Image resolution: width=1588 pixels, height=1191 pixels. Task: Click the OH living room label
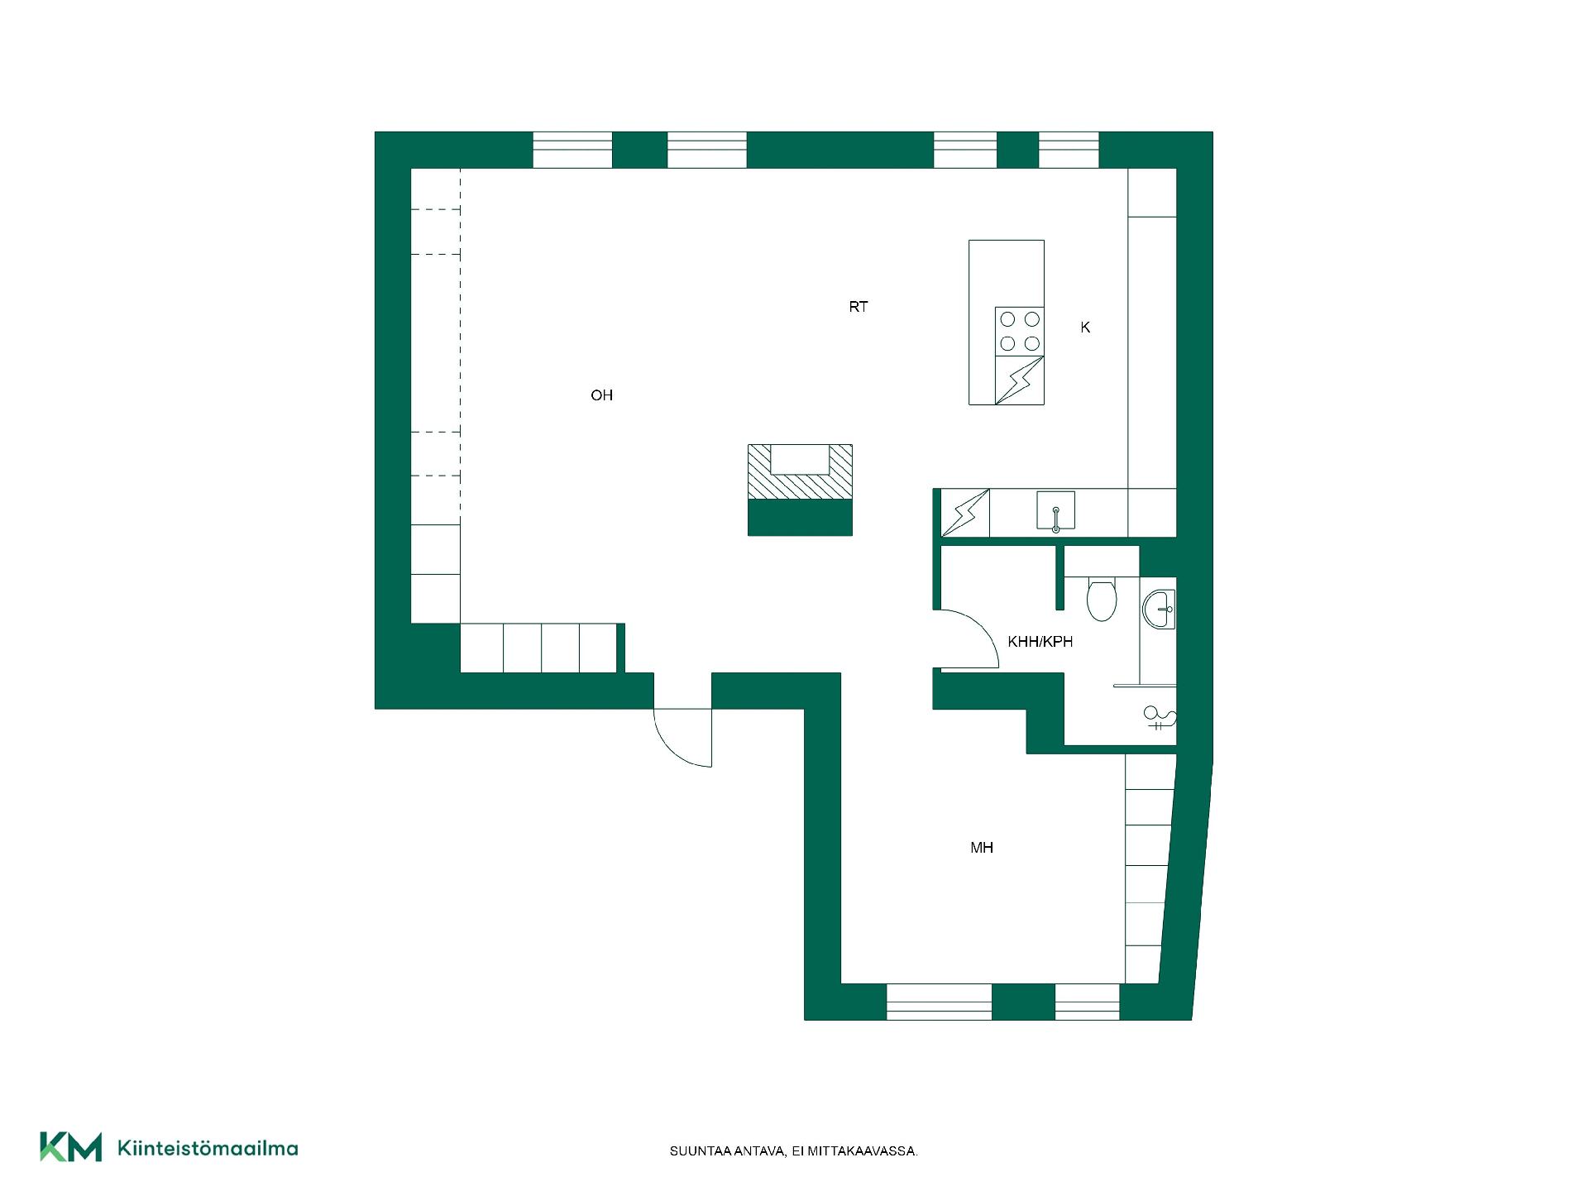pyautogui.click(x=601, y=395)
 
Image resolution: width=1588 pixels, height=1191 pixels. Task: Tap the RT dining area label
pyautogui.click(x=859, y=307)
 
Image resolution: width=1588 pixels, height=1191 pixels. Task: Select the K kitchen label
pyautogui.click(x=1085, y=328)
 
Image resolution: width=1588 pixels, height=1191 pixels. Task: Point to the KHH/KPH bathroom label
pyautogui.click(x=1040, y=641)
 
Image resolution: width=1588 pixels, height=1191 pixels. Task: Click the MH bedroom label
pyautogui.click(x=982, y=847)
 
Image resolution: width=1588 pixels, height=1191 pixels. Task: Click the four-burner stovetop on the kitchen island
pyautogui.click(x=1019, y=331)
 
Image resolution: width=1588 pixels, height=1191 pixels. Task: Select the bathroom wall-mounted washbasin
pyautogui.click(x=1158, y=610)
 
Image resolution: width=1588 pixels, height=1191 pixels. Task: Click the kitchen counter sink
pyautogui.click(x=1056, y=510)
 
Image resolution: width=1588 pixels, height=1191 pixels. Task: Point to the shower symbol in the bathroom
pyautogui.click(x=1158, y=717)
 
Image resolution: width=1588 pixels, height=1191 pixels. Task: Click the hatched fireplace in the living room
pyautogui.click(x=800, y=472)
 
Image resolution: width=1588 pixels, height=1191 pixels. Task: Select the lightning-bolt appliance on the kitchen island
pyautogui.click(x=1019, y=380)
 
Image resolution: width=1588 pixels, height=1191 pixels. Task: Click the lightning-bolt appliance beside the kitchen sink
pyautogui.click(x=965, y=513)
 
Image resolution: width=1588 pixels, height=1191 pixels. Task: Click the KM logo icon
pyautogui.click(x=71, y=1147)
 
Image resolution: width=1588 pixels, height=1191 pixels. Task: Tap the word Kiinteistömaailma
pyautogui.click(x=208, y=1148)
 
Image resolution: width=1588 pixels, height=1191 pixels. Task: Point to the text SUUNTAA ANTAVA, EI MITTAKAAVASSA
pyautogui.click(x=794, y=1151)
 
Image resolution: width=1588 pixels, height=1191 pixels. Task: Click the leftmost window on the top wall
pyautogui.click(x=572, y=150)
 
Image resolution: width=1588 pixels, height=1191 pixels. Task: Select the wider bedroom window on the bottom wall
pyautogui.click(x=940, y=1002)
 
